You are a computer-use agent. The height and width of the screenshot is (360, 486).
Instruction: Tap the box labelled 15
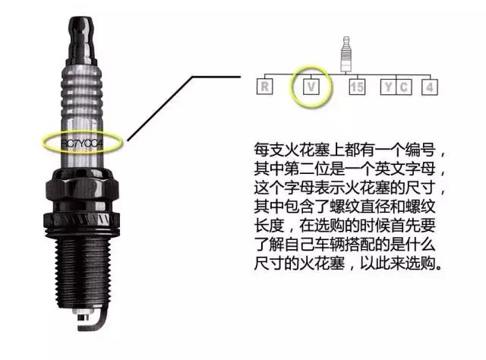358,86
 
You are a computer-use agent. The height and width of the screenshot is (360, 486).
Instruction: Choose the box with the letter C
405,86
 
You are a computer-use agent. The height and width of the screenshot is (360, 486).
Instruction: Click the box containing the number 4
430,86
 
